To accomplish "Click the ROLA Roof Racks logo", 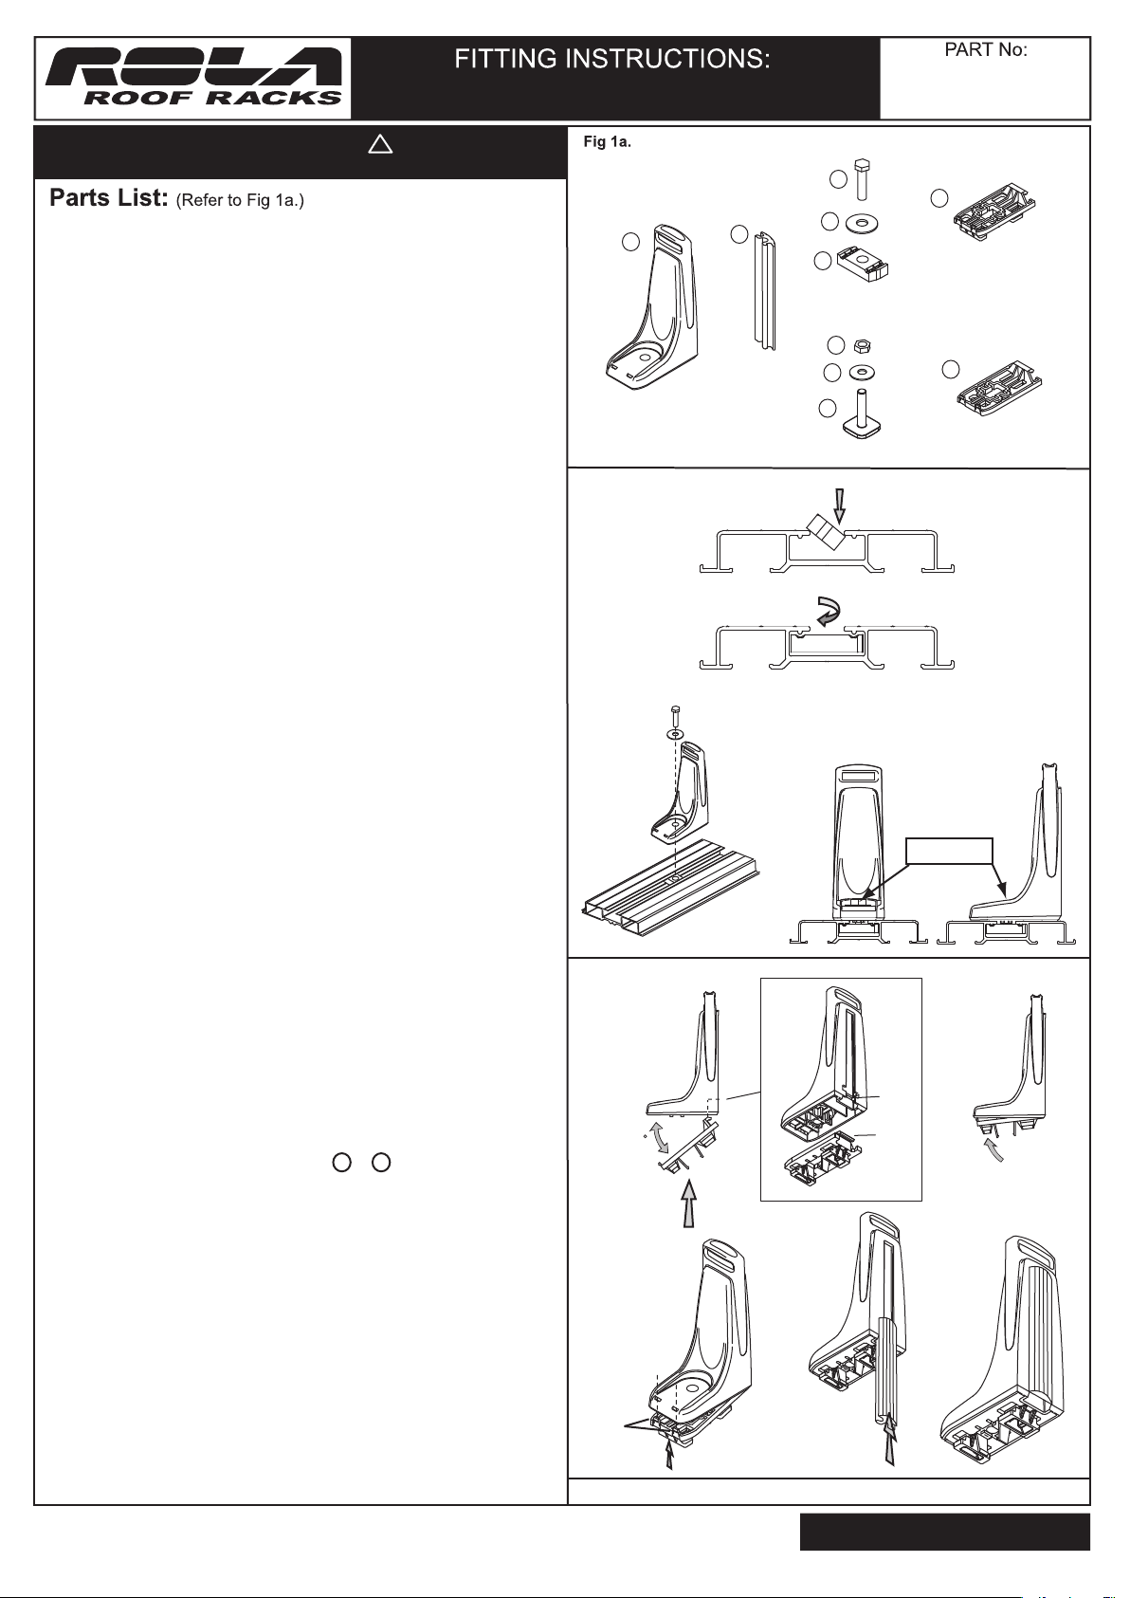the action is coord(194,77).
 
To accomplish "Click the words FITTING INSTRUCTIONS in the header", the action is coord(612,59).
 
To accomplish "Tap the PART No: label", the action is coord(985,50).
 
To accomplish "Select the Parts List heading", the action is coord(107,197).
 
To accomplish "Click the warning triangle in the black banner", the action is coord(380,145).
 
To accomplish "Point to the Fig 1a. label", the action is coord(608,142).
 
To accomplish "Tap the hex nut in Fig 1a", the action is coord(861,346).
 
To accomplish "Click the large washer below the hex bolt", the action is coord(862,224).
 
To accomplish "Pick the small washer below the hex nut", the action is coord(862,373).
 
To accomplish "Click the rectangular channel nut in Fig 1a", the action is coord(862,264).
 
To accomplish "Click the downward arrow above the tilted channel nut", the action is coord(839,505).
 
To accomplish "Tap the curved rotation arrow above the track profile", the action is coord(829,611).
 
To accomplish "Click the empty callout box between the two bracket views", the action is coord(950,851).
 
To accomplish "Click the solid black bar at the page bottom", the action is coord(944,1532).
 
